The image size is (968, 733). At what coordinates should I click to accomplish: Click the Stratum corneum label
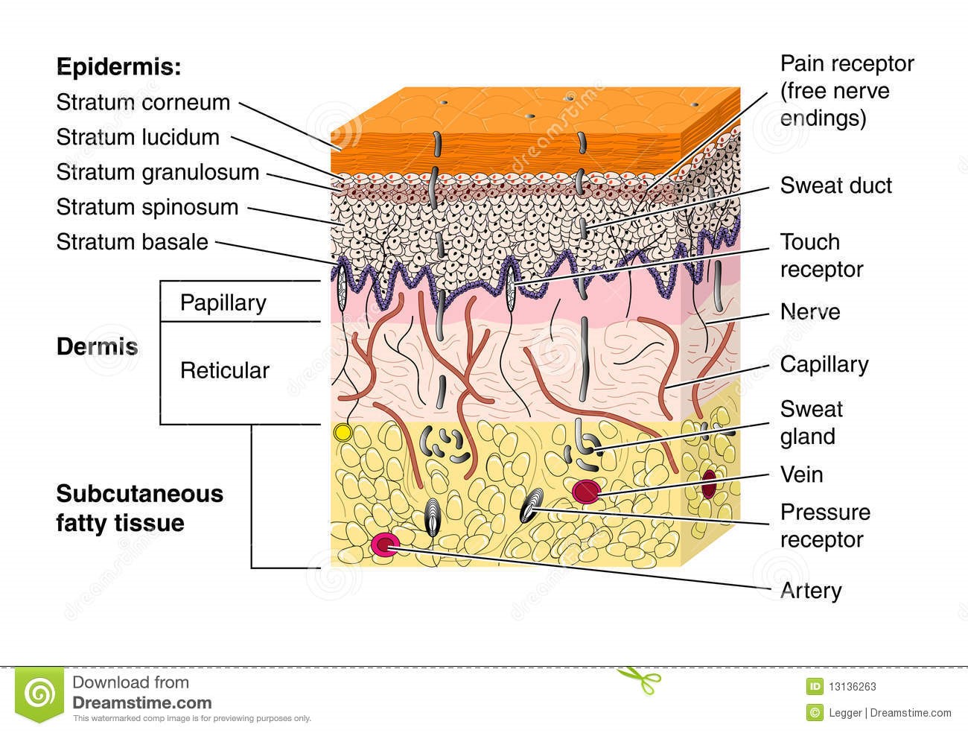pyautogui.click(x=143, y=103)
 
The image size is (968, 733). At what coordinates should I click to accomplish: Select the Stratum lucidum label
pyautogui.click(x=138, y=138)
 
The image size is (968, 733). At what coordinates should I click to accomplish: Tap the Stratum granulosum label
pyautogui.click(x=157, y=173)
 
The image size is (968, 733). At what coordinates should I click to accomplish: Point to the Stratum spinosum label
pyautogui.click(x=147, y=208)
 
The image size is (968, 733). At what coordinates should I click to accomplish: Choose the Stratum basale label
pyautogui.click(x=132, y=242)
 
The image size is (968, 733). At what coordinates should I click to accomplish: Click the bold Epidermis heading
pyautogui.click(x=118, y=67)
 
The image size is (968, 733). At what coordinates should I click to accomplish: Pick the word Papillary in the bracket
pyautogui.click(x=223, y=303)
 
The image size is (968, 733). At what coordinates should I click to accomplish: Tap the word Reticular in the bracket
pyautogui.click(x=224, y=370)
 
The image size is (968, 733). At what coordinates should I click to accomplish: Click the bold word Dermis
pyautogui.click(x=97, y=347)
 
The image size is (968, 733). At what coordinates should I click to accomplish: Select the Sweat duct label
pyautogui.click(x=835, y=185)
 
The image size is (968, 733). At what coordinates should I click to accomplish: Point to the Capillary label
pyautogui.click(x=824, y=364)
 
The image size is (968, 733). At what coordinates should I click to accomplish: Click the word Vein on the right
pyautogui.click(x=801, y=475)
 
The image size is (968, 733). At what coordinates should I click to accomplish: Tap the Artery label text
pyautogui.click(x=810, y=591)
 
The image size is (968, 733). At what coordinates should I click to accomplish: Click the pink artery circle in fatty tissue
pyautogui.click(x=384, y=546)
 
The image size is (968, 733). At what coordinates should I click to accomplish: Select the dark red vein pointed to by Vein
pyautogui.click(x=585, y=491)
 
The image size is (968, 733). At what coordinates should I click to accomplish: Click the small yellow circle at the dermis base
pyautogui.click(x=343, y=432)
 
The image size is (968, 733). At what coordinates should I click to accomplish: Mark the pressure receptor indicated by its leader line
pyautogui.click(x=532, y=507)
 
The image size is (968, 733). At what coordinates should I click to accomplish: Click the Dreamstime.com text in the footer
pyautogui.click(x=141, y=702)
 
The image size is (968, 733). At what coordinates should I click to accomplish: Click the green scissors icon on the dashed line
pyautogui.click(x=639, y=679)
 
